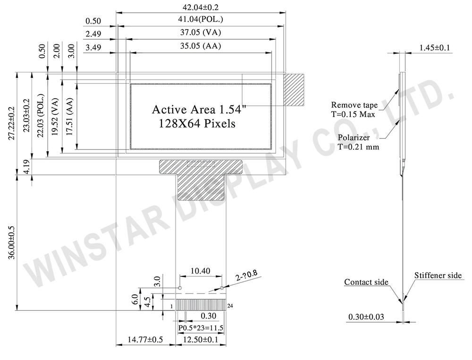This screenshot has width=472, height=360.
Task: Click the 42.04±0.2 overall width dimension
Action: [201, 7]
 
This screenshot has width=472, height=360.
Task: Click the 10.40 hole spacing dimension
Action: [201, 272]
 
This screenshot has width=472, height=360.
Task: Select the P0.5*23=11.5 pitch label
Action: [201, 327]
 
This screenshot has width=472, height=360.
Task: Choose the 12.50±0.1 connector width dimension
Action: [201, 340]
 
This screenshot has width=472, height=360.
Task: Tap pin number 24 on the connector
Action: [230, 306]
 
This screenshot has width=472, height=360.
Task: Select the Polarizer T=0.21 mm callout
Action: [358, 142]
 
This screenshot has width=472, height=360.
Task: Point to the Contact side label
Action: [366, 282]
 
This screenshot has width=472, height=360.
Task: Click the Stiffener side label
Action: [438, 275]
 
